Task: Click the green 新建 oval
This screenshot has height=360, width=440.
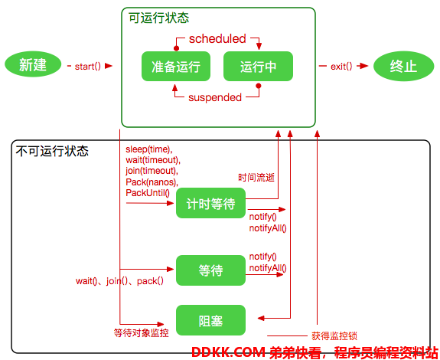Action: pos(33,64)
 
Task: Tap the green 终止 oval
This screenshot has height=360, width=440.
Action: pos(403,67)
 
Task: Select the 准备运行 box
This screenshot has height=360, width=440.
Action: pos(176,67)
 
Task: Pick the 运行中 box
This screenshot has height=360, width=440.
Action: pos(258,67)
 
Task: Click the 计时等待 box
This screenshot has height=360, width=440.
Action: pos(210,203)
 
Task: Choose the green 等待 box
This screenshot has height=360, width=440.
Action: pos(210,270)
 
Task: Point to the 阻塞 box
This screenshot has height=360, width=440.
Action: pos(210,320)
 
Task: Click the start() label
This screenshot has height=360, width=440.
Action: pos(87,67)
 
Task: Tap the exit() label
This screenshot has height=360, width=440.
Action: pos(341,67)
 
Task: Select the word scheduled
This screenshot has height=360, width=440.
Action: pos(217,39)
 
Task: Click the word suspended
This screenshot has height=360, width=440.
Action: pos(215,97)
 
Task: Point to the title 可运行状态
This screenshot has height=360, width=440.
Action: pos(159,18)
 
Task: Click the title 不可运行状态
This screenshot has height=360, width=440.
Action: pos(52,151)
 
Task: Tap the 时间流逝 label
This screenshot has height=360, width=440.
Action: pos(256,178)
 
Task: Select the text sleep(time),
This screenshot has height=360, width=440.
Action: pos(149,149)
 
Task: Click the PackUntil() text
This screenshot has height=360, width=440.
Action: pos(148,193)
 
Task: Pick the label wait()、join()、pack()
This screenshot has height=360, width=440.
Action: pos(119,281)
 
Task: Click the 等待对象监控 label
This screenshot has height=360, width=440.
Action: pos(141,332)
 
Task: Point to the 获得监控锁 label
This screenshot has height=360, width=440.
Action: pos(334,335)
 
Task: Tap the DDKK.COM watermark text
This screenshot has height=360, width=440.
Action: pos(229,352)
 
